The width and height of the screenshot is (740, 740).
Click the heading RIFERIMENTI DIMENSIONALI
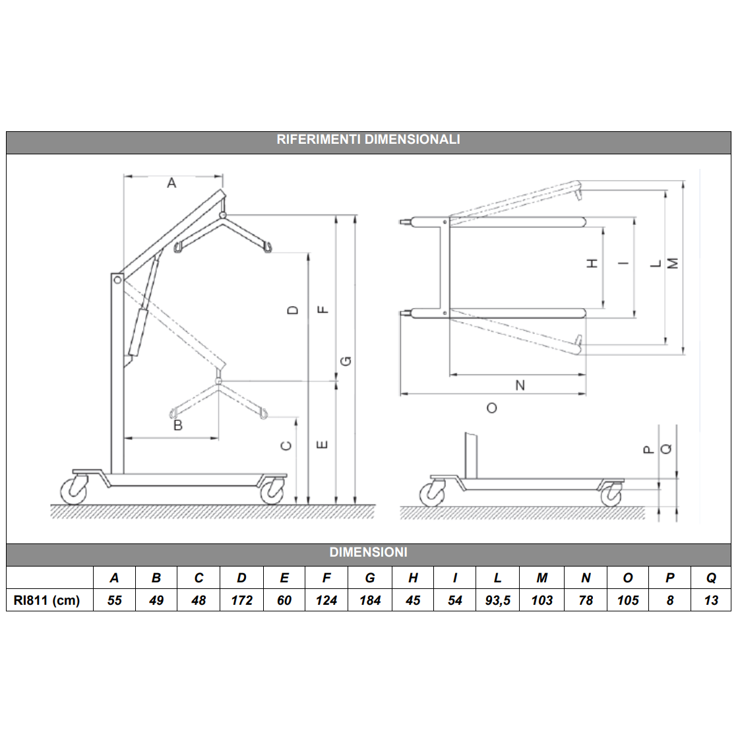[x=368, y=139]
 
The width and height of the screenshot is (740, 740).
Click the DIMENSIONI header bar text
[x=368, y=552]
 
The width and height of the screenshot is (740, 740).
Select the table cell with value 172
[x=241, y=600]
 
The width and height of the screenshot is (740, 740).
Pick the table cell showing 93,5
[x=497, y=600]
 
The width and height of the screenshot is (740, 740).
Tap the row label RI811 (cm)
[x=47, y=600]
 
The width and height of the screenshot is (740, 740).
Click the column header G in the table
[x=370, y=578]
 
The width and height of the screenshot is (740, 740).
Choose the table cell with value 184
[x=370, y=600]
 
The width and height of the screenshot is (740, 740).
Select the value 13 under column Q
[x=711, y=600]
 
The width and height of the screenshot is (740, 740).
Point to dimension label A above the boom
[x=171, y=183]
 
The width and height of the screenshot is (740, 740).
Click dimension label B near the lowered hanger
[x=177, y=425]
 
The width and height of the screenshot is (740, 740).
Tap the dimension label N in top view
[x=520, y=385]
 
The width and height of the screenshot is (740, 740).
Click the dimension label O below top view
[x=491, y=408]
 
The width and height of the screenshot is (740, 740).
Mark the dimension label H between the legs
[x=592, y=263]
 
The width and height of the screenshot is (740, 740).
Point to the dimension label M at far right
[x=673, y=263]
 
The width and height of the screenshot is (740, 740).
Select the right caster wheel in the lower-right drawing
[x=611, y=496]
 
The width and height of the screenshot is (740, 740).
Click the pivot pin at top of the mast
[x=117, y=280]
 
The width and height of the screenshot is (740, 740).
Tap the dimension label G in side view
[x=346, y=361]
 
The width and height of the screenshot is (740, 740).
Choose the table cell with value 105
[x=628, y=600]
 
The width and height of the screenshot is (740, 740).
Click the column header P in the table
[x=669, y=578]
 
